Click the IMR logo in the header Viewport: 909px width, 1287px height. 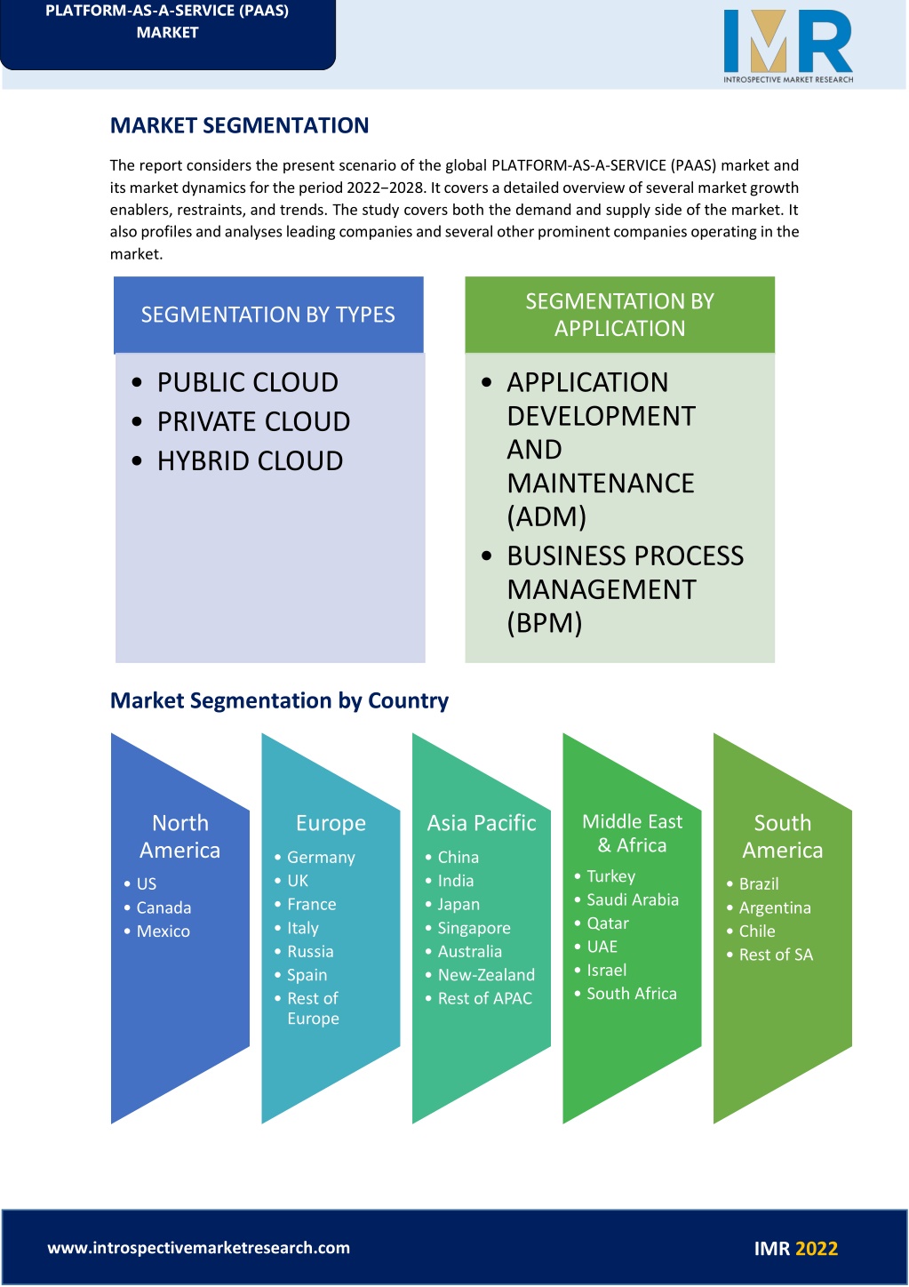[x=788, y=46]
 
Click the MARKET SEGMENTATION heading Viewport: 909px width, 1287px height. [x=239, y=125]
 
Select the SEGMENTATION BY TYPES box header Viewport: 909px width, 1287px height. [x=268, y=315]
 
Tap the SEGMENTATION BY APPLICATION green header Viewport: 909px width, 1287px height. [x=619, y=315]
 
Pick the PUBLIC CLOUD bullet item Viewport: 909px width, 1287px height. [x=248, y=382]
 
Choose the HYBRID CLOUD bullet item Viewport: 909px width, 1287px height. [x=251, y=460]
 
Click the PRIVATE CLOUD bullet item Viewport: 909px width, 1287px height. [x=253, y=421]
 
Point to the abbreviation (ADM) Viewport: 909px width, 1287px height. [x=546, y=516]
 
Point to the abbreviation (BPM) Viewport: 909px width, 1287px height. [x=545, y=623]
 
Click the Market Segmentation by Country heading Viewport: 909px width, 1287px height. [x=279, y=700]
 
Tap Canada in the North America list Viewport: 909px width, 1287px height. [x=163, y=907]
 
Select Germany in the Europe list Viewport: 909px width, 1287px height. [x=321, y=857]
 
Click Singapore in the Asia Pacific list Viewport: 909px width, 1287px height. [x=474, y=928]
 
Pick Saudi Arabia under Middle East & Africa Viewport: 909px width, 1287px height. [x=633, y=899]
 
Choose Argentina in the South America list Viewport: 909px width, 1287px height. [x=775, y=907]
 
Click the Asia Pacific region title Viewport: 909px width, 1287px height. [x=482, y=823]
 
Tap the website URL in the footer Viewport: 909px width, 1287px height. [x=199, y=1247]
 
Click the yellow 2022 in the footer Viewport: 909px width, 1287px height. [x=817, y=1248]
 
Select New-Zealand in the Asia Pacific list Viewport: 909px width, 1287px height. [x=486, y=974]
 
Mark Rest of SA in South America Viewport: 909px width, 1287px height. [x=776, y=955]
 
